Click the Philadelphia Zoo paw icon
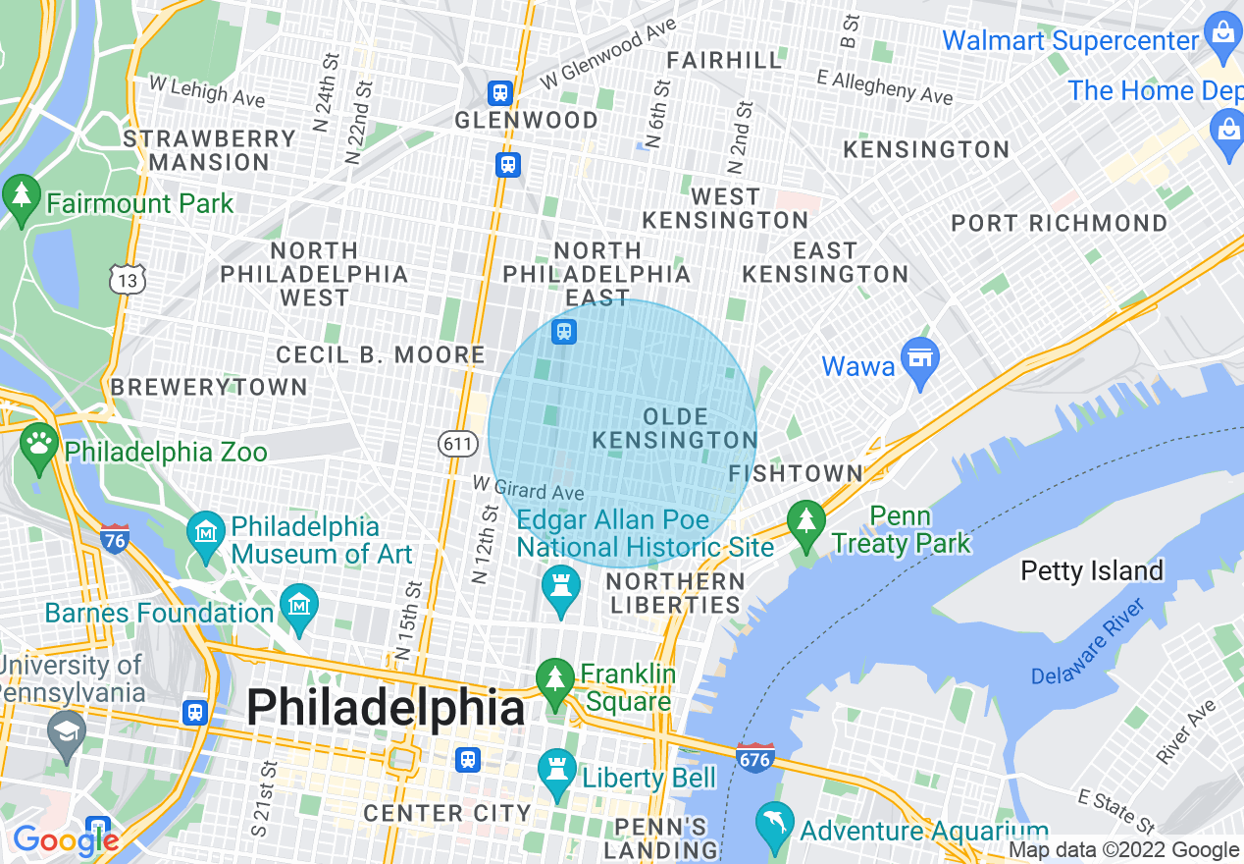(x=39, y=444)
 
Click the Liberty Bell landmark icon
(x=557, y=773)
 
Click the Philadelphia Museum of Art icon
(x=206, y=533)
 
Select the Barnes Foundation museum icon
(x=299, y=606)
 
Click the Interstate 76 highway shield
(x=115, y=538)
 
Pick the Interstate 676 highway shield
(x=755, y=757)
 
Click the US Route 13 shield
(x=129, y=279)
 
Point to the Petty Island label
(x=1091, y=570)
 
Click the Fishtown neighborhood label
(x=796, y=474)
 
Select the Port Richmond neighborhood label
(x=1060, y=224)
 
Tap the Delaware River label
(x=1088, y=643)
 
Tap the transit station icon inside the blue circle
(x=563, y=331)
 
